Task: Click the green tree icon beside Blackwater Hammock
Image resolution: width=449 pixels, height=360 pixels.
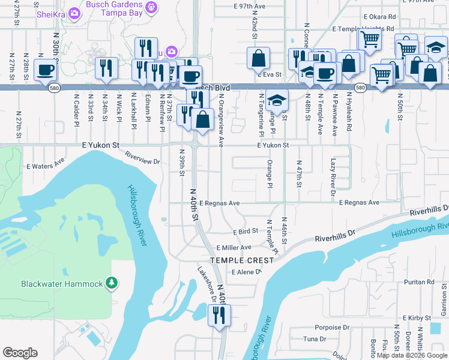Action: pos(110,283)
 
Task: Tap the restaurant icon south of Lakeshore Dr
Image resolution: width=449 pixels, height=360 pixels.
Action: pos(219,315)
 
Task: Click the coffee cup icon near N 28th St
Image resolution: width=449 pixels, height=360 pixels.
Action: pos(46,70)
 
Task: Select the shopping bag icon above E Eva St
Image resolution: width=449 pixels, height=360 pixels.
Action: pos(258,58)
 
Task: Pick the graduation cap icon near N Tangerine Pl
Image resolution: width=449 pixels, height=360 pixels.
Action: pos(277,100)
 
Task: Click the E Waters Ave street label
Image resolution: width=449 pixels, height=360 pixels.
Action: pos(45,164)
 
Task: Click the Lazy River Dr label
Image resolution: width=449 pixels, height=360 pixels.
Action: pos(333,177)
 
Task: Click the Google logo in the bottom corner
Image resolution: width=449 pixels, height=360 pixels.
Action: pos(20,352)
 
